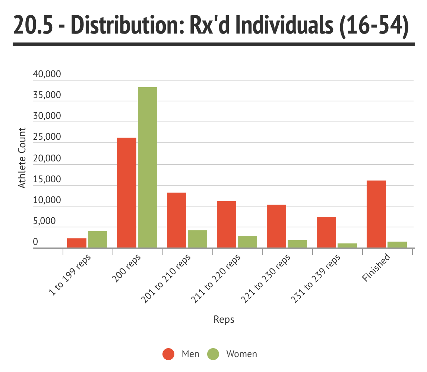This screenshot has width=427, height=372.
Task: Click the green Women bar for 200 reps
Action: [147, 167]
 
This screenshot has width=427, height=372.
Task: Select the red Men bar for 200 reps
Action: [127, 193]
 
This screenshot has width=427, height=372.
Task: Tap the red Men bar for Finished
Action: [376, 214]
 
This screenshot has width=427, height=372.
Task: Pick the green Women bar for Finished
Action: [397, 245]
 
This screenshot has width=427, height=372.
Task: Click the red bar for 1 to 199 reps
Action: [77, 243]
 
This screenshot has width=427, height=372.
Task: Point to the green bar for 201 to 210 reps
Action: [197, 239]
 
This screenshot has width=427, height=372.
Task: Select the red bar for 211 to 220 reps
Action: [227, 224]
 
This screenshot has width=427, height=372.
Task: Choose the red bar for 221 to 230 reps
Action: [276, 226]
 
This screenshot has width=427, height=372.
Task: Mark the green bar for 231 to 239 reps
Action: [347, 246]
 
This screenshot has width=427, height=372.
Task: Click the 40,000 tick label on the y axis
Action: [47, 74]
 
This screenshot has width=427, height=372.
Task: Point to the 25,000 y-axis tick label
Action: [47, 137]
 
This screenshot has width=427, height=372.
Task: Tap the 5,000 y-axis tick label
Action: [44, 221]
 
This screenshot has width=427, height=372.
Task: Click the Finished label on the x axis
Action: [376, 267]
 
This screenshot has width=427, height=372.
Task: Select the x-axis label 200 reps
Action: [126, 268]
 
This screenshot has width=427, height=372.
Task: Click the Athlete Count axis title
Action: [22, 158]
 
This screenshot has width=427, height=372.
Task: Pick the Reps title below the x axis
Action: [224, 319]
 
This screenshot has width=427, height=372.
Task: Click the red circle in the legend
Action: [168, 354]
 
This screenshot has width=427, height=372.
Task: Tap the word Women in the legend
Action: [241, 354]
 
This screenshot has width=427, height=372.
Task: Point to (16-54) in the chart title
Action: [374, 26]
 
